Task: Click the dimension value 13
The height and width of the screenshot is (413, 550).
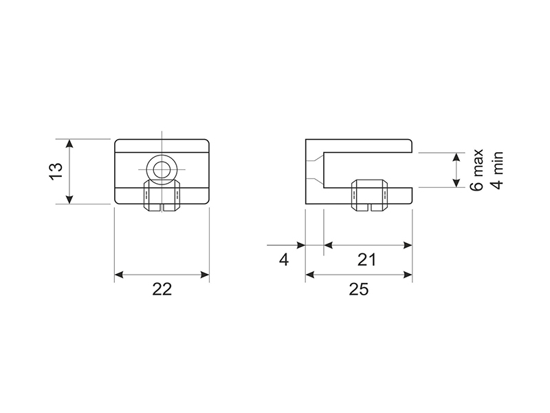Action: (56, 171)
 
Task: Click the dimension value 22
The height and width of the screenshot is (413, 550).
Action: (162, 289)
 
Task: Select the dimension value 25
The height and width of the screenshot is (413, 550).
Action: (359, 289)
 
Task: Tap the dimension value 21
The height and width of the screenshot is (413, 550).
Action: (367, 260)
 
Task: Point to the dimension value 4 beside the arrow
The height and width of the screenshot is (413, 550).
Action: (284, 260)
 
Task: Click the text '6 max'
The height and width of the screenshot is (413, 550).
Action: (476, 170)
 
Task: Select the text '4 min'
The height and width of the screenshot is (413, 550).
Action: (497, 170)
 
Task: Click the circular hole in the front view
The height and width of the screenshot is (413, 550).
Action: (162, 169)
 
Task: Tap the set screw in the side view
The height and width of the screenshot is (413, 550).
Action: (370, 195)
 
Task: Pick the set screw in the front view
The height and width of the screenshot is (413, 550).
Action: (162, 195)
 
